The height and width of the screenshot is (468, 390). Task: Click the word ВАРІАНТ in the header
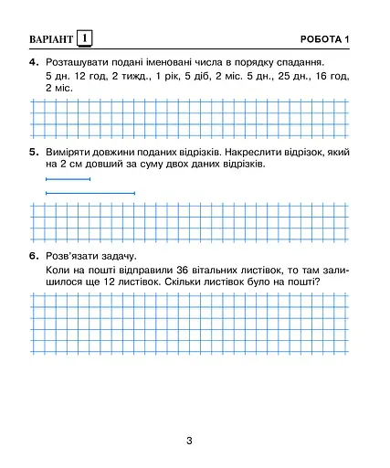tap(47, 38)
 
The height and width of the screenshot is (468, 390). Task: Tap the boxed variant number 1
tap(85, 38)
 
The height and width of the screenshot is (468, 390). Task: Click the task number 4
tap(33, 62)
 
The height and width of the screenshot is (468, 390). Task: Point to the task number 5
tap(33, 151)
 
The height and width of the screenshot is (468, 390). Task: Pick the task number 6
tap(33, 256)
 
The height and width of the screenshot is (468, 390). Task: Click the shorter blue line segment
tap(68, 180)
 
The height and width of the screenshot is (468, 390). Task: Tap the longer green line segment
tap(90, 193)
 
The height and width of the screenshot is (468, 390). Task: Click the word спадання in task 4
tap(302, 62)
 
